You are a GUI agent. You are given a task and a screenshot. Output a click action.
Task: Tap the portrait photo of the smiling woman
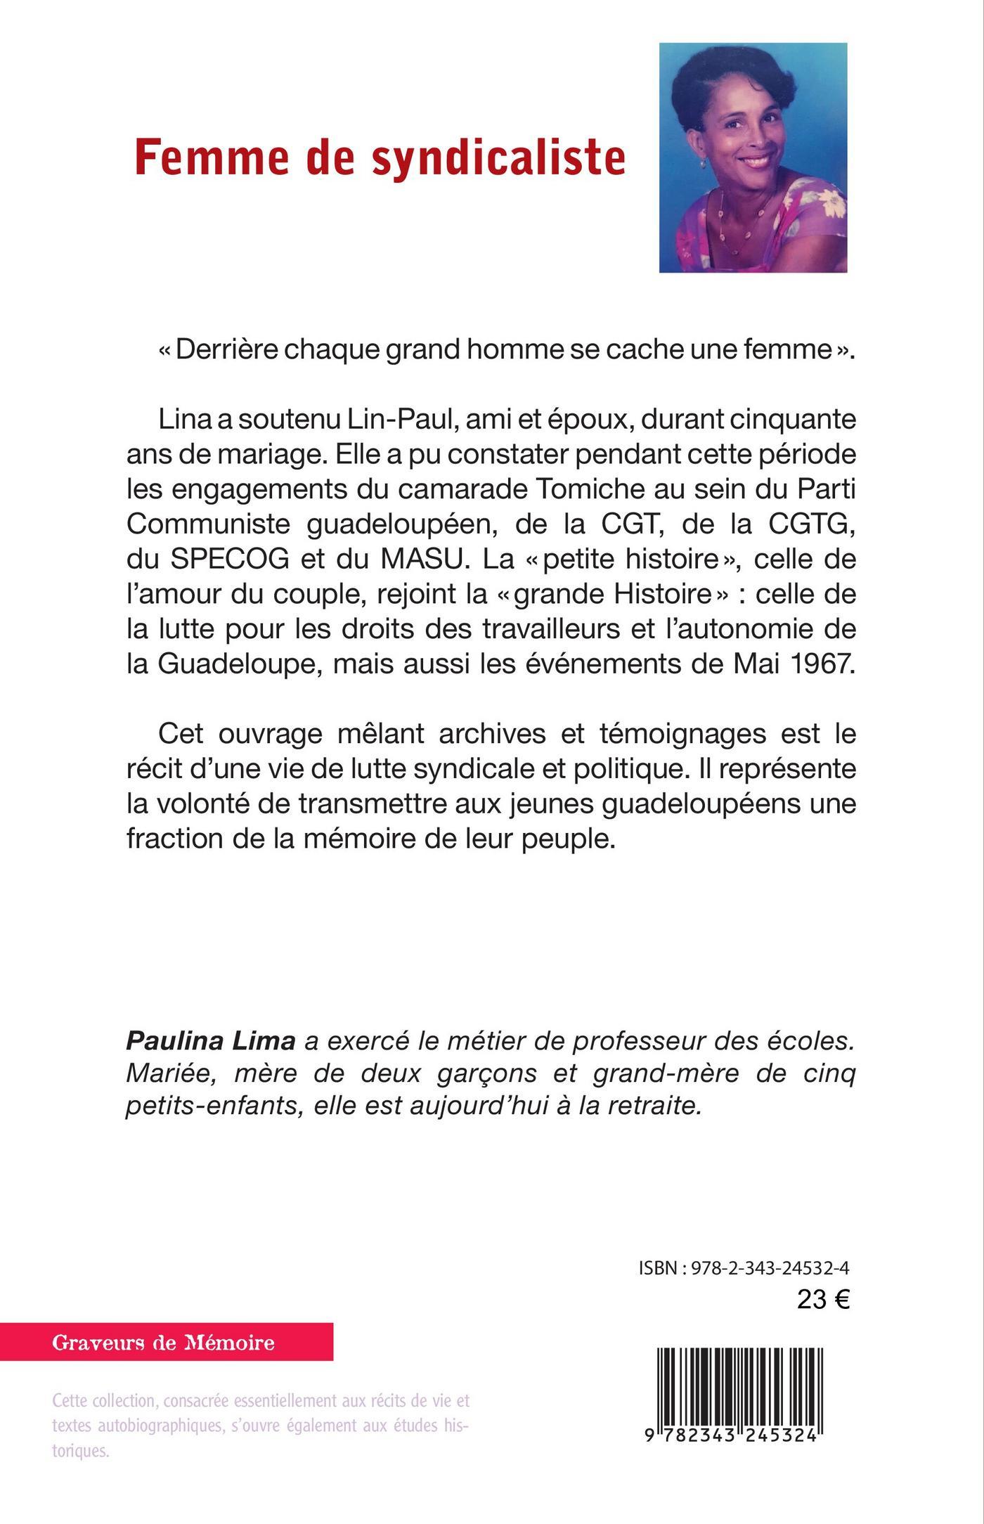[x=753, y=157]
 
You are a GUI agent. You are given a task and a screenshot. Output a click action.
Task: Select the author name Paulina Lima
[x=210, y=1040]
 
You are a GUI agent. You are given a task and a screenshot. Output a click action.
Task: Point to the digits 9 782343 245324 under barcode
[x=731, y=1436]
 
